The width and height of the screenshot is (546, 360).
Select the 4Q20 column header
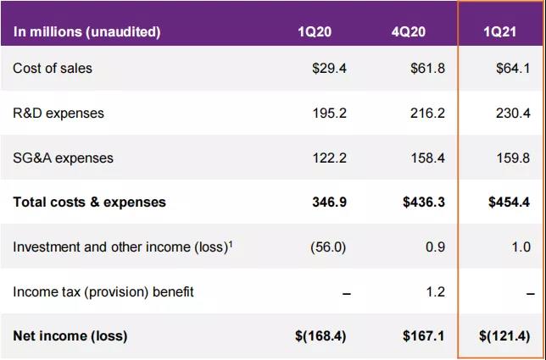click(408, 32)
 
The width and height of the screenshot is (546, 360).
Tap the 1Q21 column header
click(499, 32)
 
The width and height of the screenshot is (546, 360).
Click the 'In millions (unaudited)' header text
click(86, 32)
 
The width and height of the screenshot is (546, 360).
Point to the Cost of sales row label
click(53, 68)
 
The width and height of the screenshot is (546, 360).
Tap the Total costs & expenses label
click(89, 202)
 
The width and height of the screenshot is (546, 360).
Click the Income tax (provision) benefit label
click(103, 291)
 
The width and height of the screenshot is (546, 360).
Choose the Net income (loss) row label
click(70, 336)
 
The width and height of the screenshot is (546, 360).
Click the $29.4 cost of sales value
click(329, 68)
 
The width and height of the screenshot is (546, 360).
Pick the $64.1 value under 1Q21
click(512, 68)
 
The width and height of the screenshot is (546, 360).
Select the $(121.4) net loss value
click(503, 336)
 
